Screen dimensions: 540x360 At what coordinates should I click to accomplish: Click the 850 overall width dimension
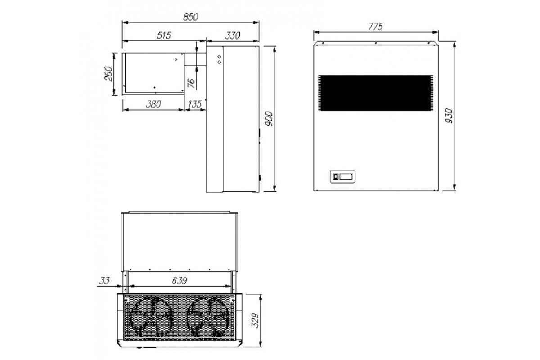pos(190,17)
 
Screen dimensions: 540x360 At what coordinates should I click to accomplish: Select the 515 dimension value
pos(164,36)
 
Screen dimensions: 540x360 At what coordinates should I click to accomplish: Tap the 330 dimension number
pos(233,36)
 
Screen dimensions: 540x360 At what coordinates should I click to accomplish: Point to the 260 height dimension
pos(109,74)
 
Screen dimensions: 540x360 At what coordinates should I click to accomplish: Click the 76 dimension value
pos(191,83)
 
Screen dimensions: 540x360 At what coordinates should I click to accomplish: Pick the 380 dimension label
pos(153,104)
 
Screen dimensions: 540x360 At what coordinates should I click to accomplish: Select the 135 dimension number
pos(194,104)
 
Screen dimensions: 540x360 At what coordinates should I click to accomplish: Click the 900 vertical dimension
pos(269,119)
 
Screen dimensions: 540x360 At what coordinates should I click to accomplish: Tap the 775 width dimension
pos(375,27)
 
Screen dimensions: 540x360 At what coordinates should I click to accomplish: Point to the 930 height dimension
pos(449,116)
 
